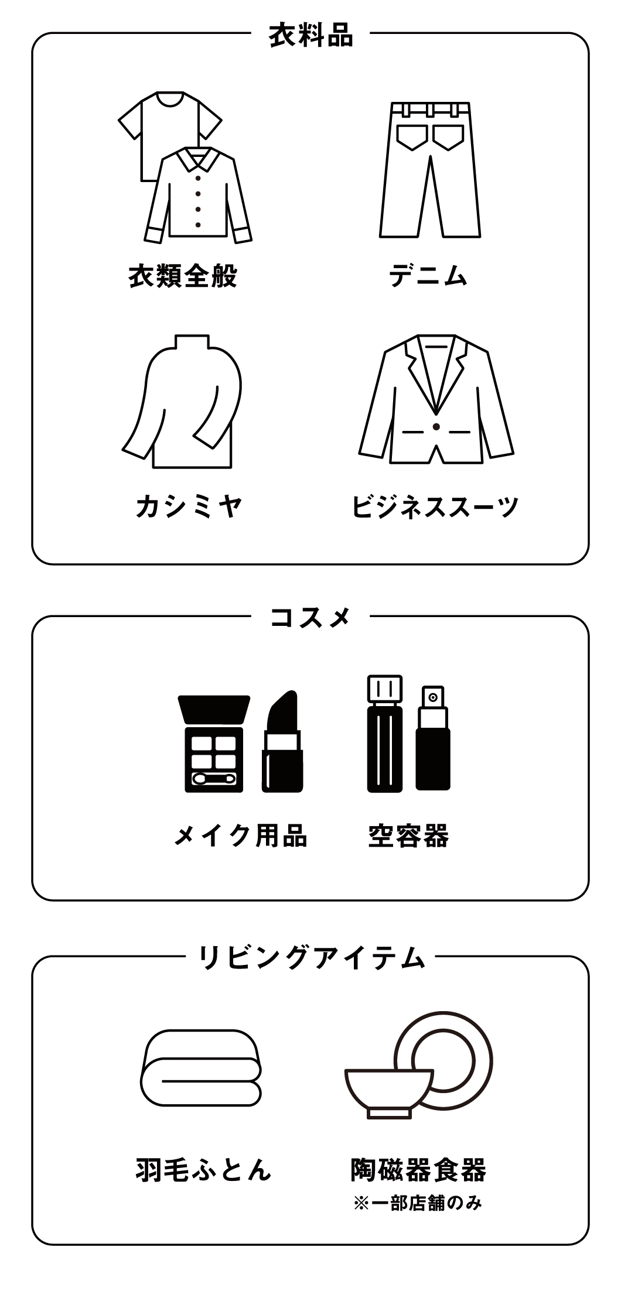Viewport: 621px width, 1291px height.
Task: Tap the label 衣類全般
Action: (183, 276)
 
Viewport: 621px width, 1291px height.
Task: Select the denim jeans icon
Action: (430, 170)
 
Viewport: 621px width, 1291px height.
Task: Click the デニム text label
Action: (429, 276)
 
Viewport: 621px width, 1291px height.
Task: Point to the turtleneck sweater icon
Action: (183, 402)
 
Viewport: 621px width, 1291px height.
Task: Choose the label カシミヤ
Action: (189, 506)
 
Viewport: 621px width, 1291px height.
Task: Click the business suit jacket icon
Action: (436, 400)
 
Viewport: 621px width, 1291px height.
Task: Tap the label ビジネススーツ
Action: (435, 506)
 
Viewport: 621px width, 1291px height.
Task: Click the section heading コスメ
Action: (310, 618)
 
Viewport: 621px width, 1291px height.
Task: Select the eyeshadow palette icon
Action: (214, 744)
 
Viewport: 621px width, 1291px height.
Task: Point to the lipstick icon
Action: (282, 742)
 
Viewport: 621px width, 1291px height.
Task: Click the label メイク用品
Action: (240, 835)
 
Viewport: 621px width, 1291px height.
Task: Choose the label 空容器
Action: (408, 835)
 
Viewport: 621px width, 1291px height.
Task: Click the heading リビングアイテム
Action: (310, 958)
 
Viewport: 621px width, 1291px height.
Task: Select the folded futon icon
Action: (200, 1067)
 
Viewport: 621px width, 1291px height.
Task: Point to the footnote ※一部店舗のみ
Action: (418, 1204)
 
